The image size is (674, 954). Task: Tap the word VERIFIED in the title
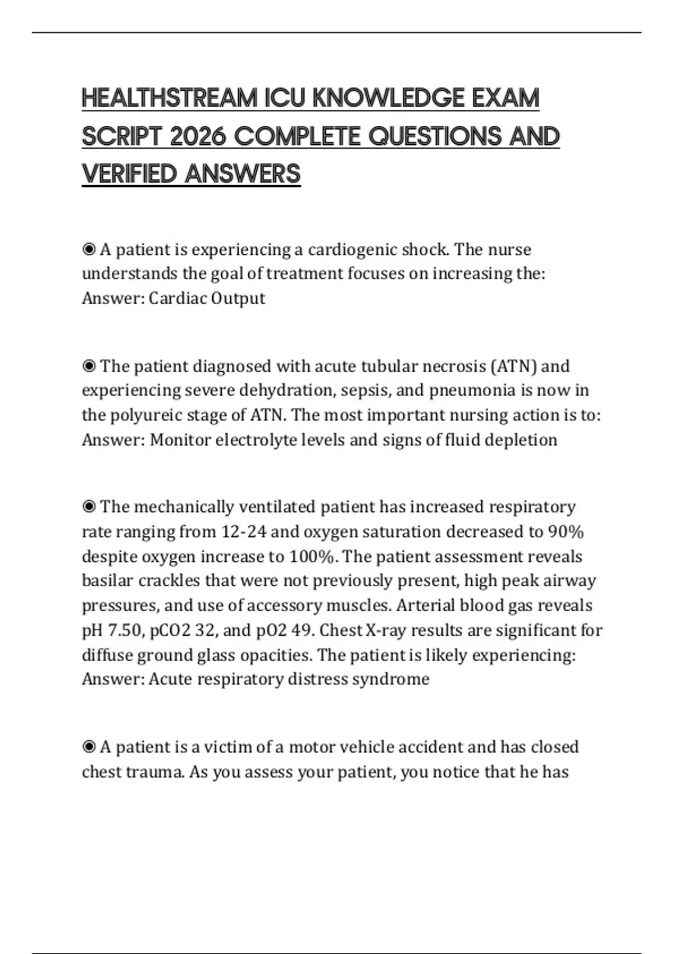click(129, 174)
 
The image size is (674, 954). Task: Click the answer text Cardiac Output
click(207, 298)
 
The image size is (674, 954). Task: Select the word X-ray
click(385, 630)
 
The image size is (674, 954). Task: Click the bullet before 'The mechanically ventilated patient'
click(89, 507)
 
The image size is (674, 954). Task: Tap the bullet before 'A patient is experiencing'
click(89, 250)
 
